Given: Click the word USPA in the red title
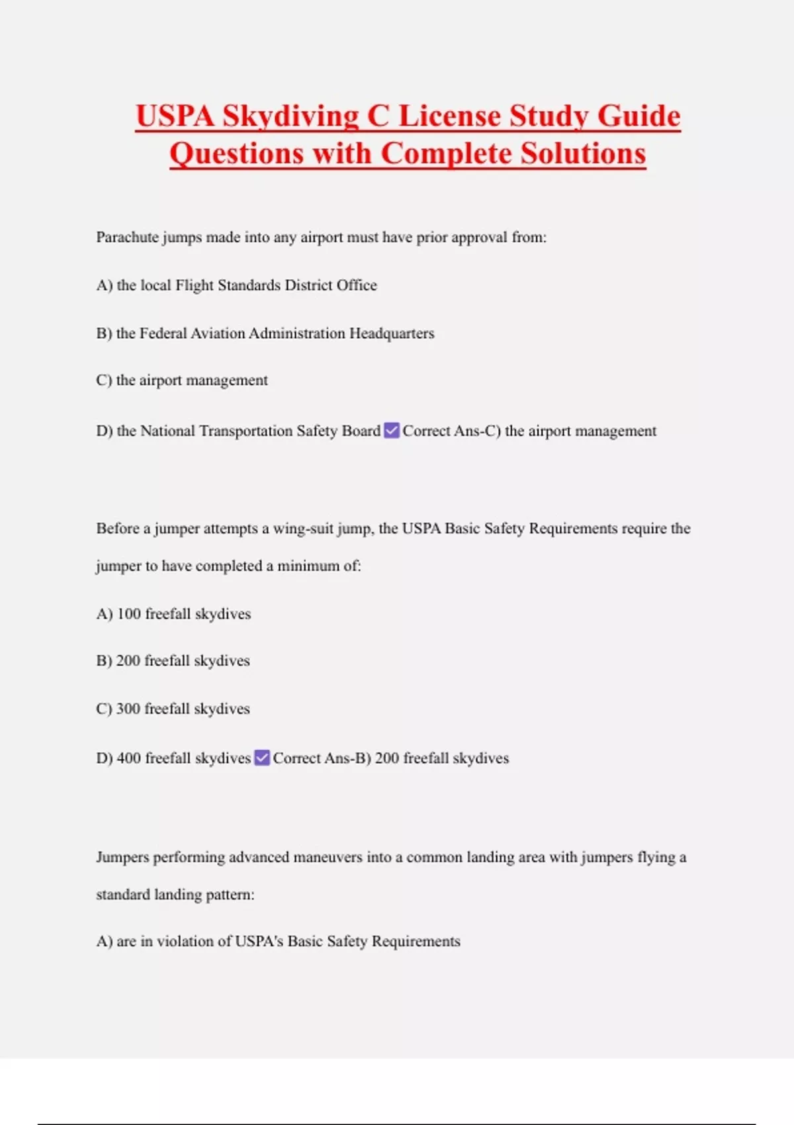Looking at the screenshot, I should [175, 116].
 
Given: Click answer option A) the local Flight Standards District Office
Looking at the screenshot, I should [236, 285].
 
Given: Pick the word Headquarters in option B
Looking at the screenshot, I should [392, 333].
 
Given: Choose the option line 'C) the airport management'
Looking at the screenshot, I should [182, 381].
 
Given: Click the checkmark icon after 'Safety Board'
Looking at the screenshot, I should [392, 431].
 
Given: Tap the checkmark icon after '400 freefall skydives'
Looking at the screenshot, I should [262, 758].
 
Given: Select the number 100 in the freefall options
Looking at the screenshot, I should [129, 613].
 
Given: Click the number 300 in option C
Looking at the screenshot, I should [128, 709].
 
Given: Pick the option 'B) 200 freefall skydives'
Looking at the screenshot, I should [173, 660].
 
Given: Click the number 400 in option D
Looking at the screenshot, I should [129, 758].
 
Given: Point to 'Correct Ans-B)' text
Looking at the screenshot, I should [322, 758].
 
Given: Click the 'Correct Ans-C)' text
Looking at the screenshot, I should [451, 431].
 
